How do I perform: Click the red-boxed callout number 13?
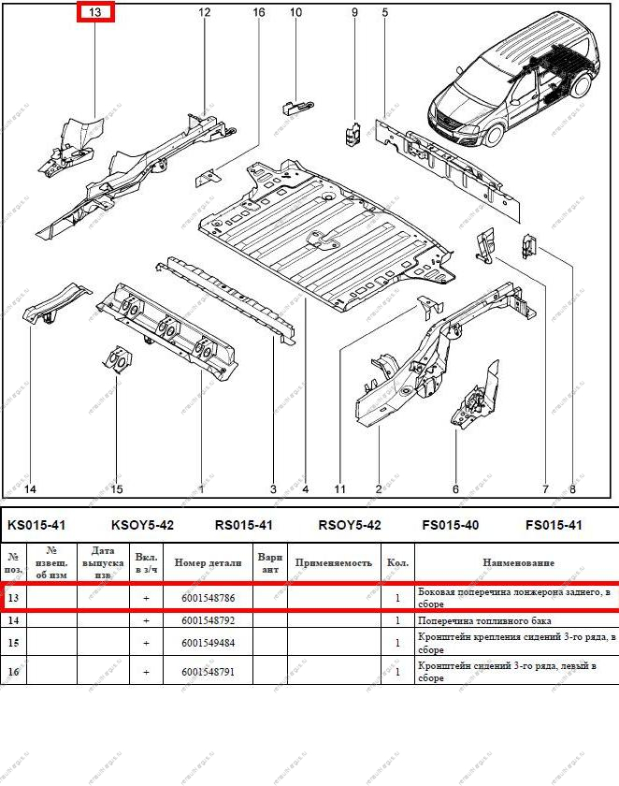[x=94, y=13]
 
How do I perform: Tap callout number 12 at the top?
[x=205, y=12]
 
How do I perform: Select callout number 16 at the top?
[x=259, y=12]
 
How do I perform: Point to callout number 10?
[x=296, y=12]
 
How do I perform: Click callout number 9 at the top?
[x=354, y=12]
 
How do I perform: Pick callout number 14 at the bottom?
[x=30, y=489]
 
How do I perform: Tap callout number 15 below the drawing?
[x=117, y=489]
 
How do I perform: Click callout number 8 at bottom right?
[x=572, y=489]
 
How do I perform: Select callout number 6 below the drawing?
[x=455, y=489]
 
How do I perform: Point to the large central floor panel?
[x=318, y=229]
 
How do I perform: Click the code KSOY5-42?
[x=142, y=525]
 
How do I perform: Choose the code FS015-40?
[x=451, y=525]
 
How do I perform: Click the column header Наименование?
[x=517, y=562]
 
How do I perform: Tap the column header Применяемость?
[x=334, y=562]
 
